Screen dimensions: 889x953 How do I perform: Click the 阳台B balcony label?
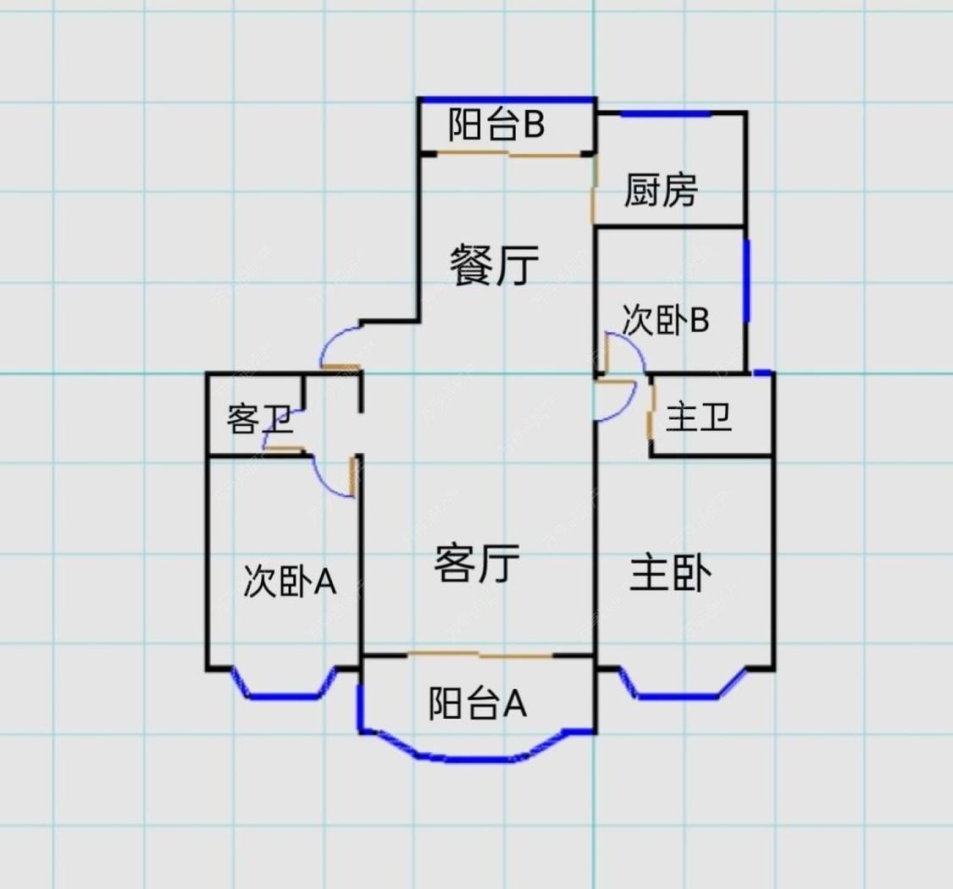tap(496, 126)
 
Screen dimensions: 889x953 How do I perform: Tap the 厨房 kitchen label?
tap(661, 190)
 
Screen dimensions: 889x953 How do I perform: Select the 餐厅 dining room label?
tap(494, 266)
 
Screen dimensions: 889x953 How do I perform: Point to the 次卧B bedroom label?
tap(665, 321)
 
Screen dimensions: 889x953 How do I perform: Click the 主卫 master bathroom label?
tap(699, 418)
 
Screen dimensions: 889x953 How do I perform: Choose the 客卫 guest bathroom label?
tap(258, 419)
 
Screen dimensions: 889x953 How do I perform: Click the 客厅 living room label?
tap(476, 563)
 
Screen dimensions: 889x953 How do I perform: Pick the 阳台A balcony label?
tap(477, 703)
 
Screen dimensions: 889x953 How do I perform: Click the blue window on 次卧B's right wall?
tap(746, 281)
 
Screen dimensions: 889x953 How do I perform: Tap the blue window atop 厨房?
tap(664, 114)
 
